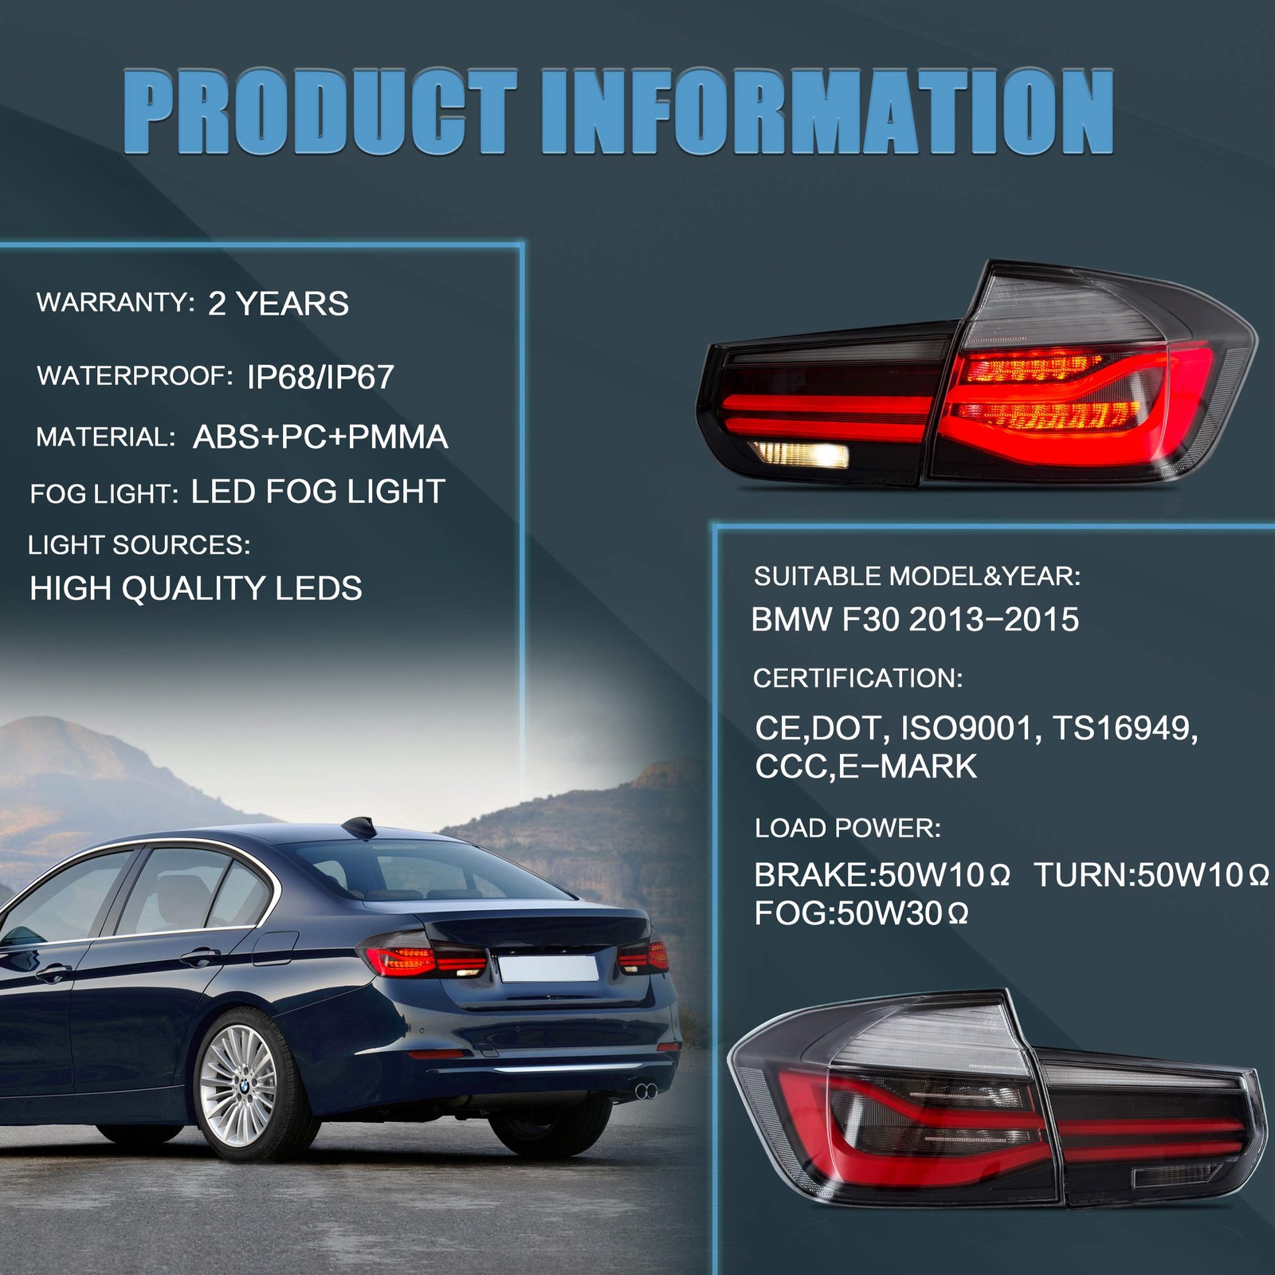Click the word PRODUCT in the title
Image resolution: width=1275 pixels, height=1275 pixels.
click(x=320, y=112)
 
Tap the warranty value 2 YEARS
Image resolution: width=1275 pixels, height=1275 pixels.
click(x=278, y=304)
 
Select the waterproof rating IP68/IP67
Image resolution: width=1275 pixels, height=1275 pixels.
click(x=320, y=377)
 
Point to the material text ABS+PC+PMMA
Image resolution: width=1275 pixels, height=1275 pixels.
click(x=320, y=437)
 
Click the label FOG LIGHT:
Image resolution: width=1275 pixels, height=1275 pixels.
click(x=104, y=494)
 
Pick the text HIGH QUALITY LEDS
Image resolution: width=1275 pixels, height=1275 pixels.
click(x=196, y=588)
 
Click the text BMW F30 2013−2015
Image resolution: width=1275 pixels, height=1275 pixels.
click(x=915, y=619)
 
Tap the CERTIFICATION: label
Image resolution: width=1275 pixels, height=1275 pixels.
click(x=857, y=678)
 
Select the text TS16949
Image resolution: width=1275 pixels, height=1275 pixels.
click(x=1124, y=728)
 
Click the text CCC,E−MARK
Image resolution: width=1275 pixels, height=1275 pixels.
click(x=865, y=766)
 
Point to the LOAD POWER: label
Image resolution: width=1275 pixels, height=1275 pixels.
click(x=847, y=828)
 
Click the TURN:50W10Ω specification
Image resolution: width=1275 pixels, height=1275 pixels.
click(x=1151, y=875)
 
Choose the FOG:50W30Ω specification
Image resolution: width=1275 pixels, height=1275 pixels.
click(x=861, y=913)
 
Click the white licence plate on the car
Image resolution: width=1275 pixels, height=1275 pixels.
click(x=548, y=967)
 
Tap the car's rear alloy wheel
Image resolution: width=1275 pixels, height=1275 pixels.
click(x=237, y=1085)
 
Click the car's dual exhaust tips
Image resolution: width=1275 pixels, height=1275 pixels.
click(x=645, y=1091)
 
